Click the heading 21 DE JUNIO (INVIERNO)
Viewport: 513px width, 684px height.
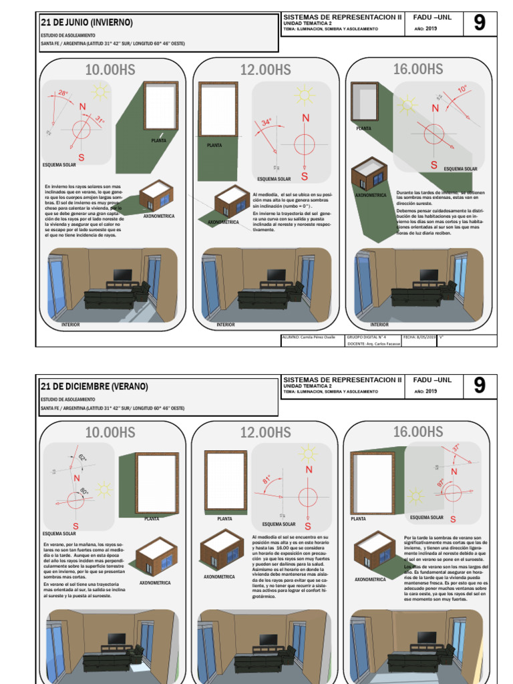[x=88, y=23]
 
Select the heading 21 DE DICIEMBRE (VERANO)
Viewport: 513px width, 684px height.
[x=94, y=387]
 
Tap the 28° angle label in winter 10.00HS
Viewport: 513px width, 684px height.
[x=63, y=94]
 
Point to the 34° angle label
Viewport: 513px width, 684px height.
[x=267, y=123]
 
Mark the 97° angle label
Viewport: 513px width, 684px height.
[x=440, y=482]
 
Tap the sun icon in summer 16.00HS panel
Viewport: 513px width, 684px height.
[x=415, y=496]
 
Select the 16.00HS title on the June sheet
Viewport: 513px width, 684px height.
[x=418, y=69]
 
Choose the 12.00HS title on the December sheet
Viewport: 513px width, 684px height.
[x=265, y=432]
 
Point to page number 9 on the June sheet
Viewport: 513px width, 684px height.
[x=479, y=23]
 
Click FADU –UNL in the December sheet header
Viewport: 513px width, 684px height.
[x=433, y=379]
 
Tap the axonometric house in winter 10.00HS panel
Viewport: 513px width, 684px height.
[x=156, y=196]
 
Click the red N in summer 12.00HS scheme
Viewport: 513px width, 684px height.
[x=309, y=470]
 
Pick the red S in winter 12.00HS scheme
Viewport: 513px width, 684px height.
[x=305, y=176]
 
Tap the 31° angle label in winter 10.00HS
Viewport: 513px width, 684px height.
[x=100, y=120]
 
